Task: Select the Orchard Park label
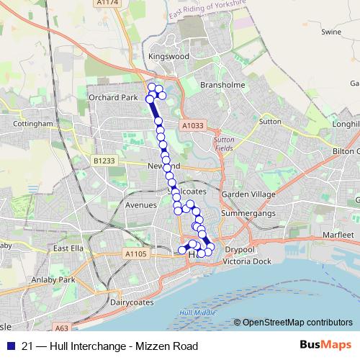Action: [112, 97]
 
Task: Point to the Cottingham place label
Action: [32, 124]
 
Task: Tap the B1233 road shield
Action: [104, 161]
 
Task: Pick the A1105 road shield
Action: [135, 253]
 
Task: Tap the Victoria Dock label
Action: [247, 261]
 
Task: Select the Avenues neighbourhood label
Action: [140, 205]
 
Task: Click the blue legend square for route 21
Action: [9, 346]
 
